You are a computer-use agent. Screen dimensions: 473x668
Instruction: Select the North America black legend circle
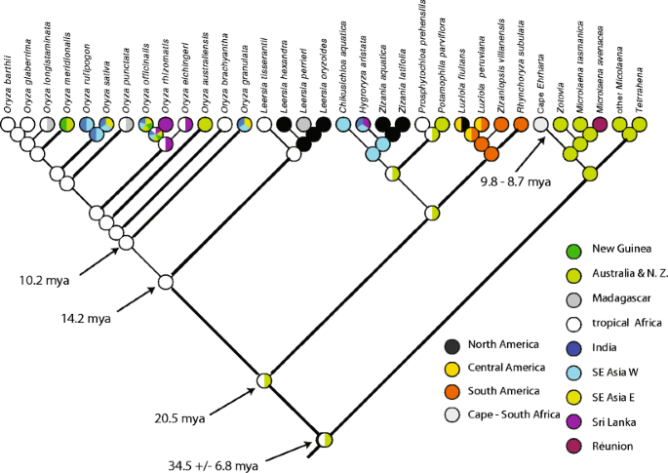pyautogui.click(x=422, y=344)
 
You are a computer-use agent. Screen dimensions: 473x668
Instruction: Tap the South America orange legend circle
pyautogui.click(x=422, y=390)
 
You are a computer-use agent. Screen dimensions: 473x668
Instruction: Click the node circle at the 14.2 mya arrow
pyautogui.click(x=166, y=283)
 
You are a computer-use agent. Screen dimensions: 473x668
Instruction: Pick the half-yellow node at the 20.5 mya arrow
pyautogui.click(x=263, y=380)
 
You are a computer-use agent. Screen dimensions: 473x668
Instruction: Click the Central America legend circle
pyautogui.click(x=422, y=368)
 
